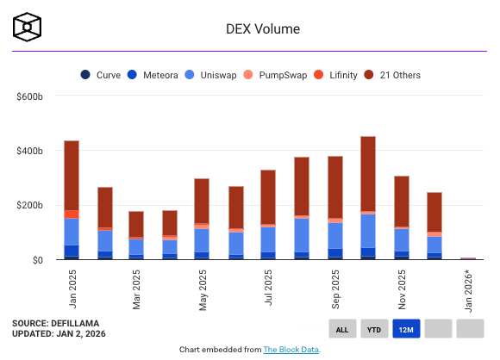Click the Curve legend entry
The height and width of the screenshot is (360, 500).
[x=103, y=75]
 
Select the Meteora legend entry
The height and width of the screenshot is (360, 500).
[x=155, y=75]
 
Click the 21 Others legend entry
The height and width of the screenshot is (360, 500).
[x=393, y=75]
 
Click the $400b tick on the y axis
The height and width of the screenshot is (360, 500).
[x=29, y=151]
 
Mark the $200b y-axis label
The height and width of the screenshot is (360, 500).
[x=29, y=205]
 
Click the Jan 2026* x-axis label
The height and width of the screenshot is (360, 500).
[x=468, y=290]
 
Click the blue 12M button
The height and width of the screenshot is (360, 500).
[x=406, y=328]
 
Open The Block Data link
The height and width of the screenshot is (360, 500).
[x=291, y=350]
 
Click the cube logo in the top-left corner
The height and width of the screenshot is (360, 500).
[x=27, y=28]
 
